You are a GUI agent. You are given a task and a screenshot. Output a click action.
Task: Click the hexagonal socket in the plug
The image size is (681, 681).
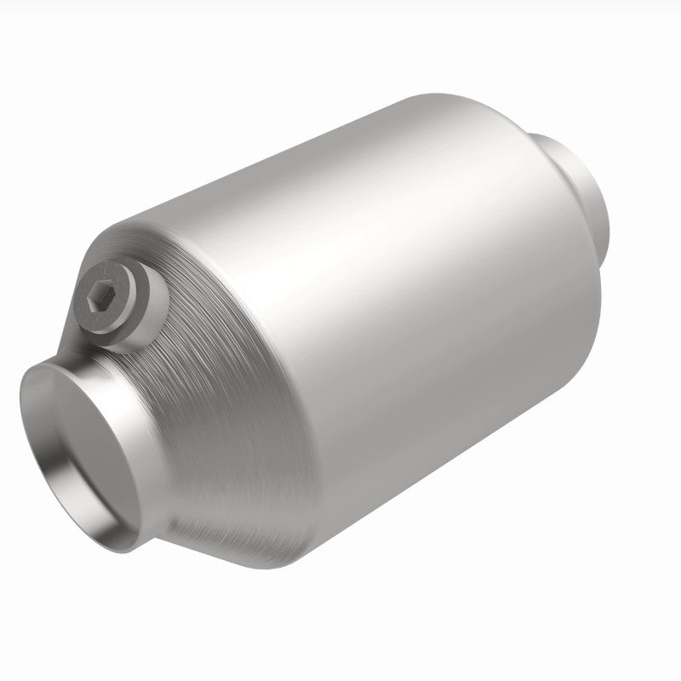[x=98, y=297]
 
